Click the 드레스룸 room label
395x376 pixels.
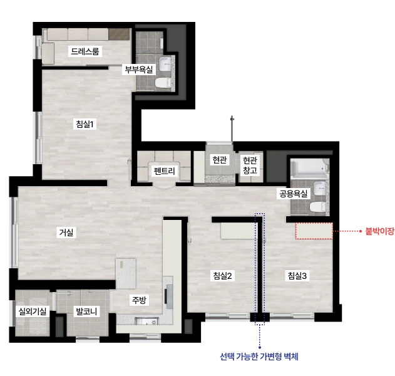tap(85, 51)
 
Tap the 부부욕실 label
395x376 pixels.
tap(139, 70)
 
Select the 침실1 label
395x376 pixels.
tap(85, 124)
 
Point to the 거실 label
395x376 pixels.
tap(66, 232)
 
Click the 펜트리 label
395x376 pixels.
tap(164, 171)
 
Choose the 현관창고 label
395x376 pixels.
tap(250, 165)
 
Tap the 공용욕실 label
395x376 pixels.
tap(293, 194)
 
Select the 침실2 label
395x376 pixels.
tap(222, 276)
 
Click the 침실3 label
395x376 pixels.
tap(297, 276)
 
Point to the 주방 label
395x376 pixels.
tap(139, 300)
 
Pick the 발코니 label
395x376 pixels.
tap(86, 311)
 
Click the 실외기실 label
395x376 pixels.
tap(33, 311)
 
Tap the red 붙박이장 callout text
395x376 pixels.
tap(379, 231)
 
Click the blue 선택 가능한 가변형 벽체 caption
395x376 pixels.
tap(259, 357)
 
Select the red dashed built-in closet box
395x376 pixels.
tap(314, 231)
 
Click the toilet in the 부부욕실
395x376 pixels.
tap(163, 83)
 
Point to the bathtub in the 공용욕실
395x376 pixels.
tap(310, 167)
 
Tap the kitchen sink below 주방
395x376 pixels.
tap(146, 321)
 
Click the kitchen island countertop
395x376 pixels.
tap(126, 273)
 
